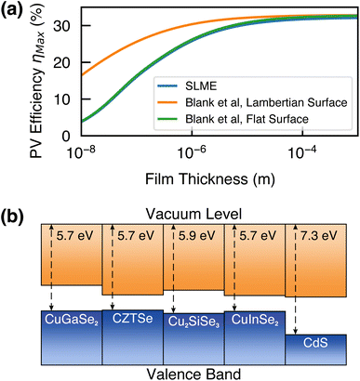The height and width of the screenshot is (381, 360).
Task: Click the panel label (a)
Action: tap(15, 12)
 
